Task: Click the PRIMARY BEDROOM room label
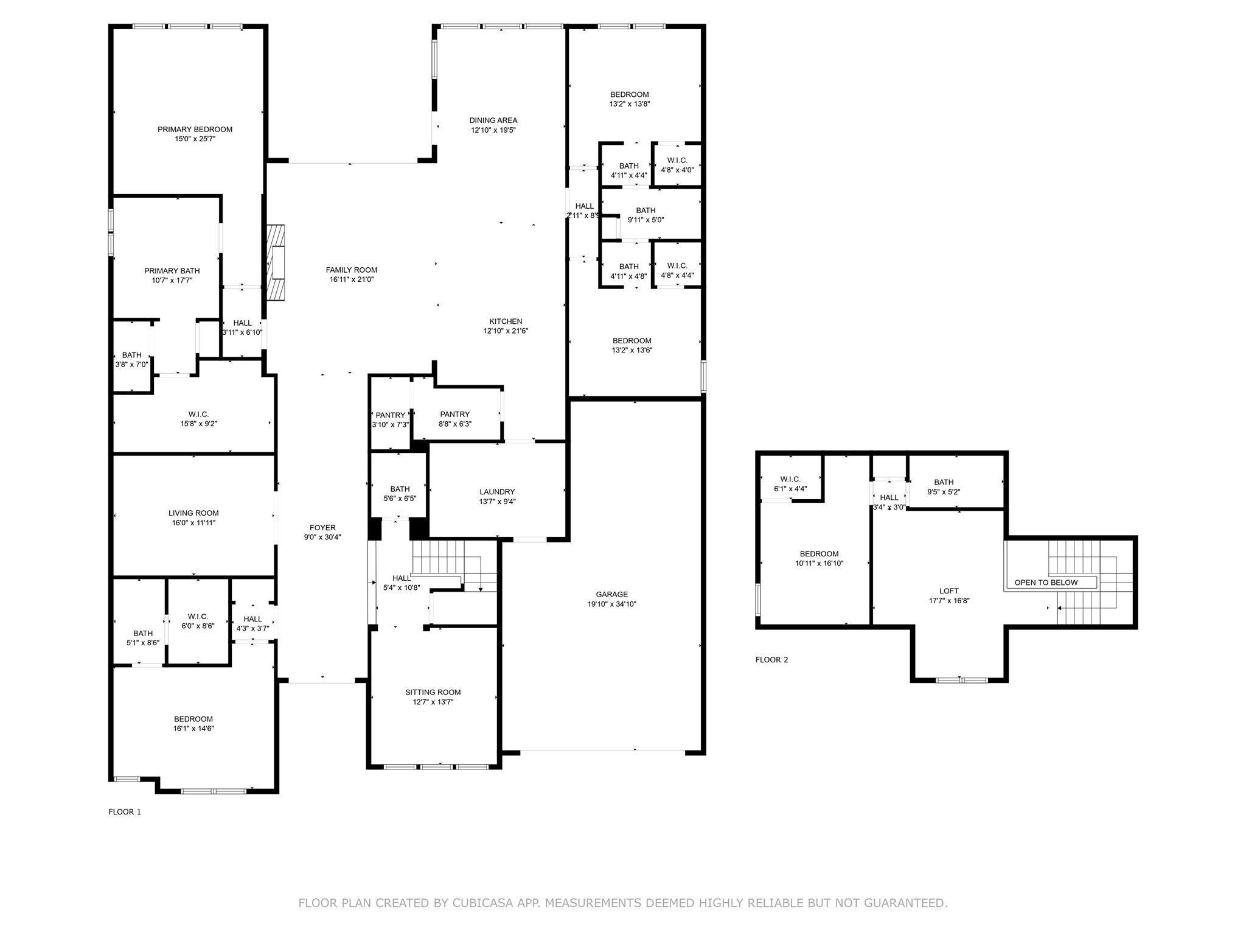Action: point(195,129)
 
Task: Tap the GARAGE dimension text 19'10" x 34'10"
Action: point(611,604)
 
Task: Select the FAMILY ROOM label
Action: point(352,270)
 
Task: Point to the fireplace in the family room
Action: point(276,263)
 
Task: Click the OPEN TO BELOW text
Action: point(1046,583)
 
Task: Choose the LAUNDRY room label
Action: point(497,492)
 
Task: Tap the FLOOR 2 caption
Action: point(771,659)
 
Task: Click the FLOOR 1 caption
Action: point(125,811)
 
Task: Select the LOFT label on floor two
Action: point(949,590)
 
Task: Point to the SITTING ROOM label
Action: point(433,692)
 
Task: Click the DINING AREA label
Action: point(493,120)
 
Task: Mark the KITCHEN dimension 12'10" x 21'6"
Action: point(506,331)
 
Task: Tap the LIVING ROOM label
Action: point(193,513)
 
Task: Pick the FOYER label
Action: point(322,528)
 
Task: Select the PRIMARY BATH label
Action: point(172,271)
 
